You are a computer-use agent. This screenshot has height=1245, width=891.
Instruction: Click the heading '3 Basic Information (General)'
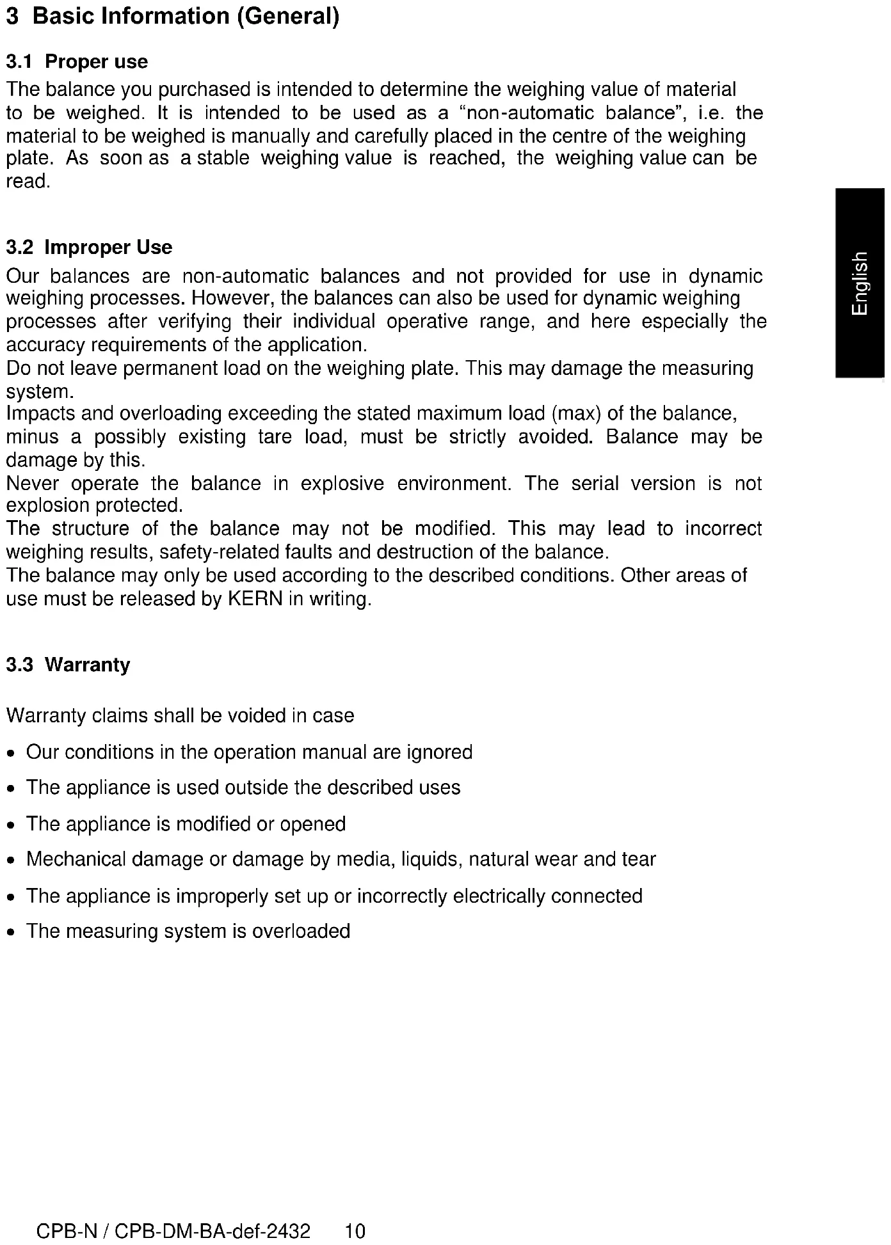(172, 17)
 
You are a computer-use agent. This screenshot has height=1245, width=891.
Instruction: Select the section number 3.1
(19, 62)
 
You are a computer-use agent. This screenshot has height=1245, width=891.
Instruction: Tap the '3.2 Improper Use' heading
(89, 248)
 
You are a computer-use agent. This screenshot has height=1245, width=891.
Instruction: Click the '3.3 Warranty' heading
(68, 665)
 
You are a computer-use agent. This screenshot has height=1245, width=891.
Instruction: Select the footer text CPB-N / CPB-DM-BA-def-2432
(173, 1231)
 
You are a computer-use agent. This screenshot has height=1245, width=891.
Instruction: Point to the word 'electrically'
(499, 896)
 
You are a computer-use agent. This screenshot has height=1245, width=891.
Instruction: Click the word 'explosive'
(342, 483)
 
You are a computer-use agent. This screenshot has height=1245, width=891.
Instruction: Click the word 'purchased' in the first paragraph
(205, 90)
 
